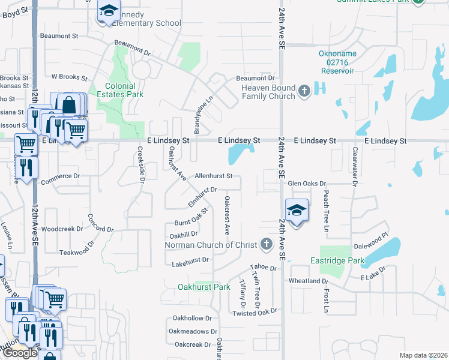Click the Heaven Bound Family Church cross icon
(x=304, y=91)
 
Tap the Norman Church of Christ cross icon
(x=266, y=244)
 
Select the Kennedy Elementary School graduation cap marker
(x=109, y=11)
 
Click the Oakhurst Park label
(x=204, y=287)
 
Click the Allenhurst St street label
(x=214, y=176)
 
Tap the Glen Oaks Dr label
(x=307, y=184)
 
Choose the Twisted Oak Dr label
(x=255, y=313)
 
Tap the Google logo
(x=20, y=353)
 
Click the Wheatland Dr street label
(x=309, y=281)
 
